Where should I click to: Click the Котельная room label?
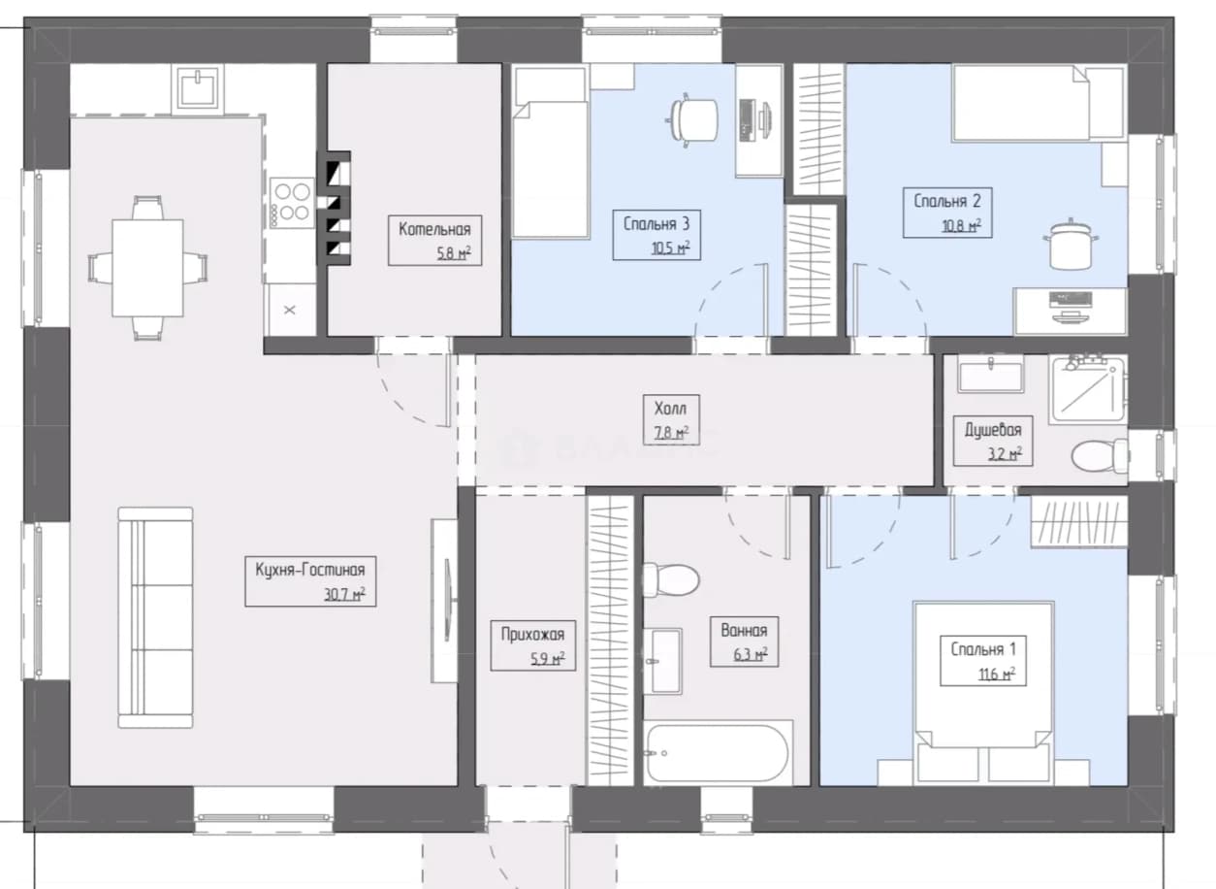point(434,229)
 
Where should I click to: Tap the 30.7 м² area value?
point(344,593)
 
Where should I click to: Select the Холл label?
point(670,408)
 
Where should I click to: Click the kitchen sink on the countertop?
point(198,89)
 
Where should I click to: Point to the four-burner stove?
point(292,203)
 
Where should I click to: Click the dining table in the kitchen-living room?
point(147,267)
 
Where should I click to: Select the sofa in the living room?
point(156,617)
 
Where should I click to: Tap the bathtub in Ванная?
point(718,753)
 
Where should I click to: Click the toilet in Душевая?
point(1101,455)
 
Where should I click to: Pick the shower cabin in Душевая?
point(1088,389)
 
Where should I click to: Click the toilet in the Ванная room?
point(671,579)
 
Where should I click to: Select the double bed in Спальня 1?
point(983,692)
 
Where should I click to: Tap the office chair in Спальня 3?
point(692,120)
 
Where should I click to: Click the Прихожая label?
point(532,634)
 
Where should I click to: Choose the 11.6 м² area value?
point(997,674)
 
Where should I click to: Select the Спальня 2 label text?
point(946,201)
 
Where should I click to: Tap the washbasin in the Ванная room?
point(663,661)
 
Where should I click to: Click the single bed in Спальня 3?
point(551,151)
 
